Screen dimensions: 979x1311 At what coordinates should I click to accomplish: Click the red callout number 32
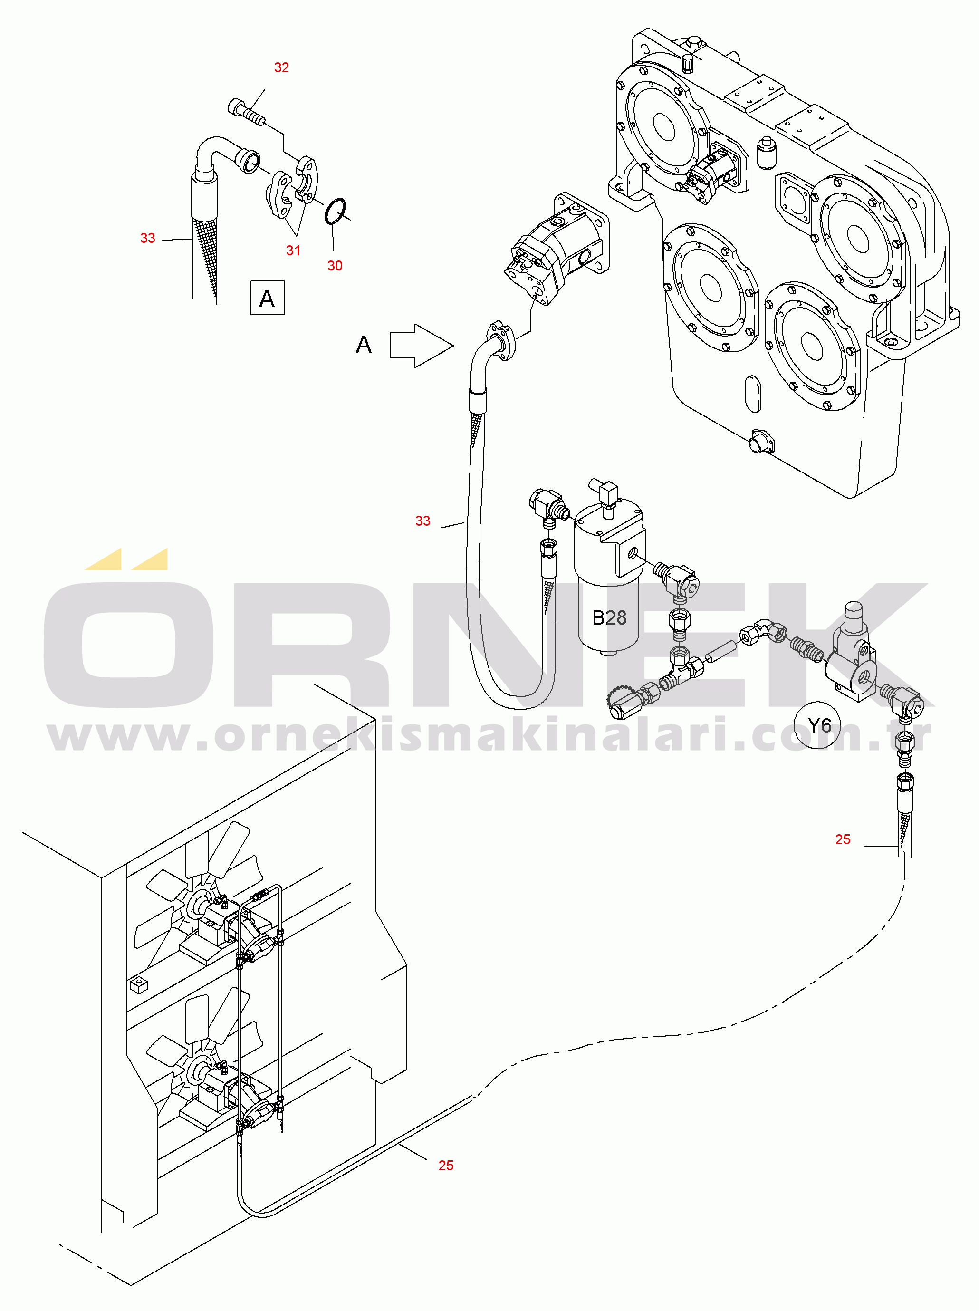pyautogui.click(x=281, y=67)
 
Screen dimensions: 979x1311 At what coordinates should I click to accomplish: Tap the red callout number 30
pyautogui.click(x=335, y=266)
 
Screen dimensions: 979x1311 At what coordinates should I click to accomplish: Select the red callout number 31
pyautogui.click(x=293, y=251)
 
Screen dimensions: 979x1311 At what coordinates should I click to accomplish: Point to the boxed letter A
pyautogui.click(x=267, y=298)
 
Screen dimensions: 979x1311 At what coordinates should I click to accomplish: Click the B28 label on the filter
pyautogui.click(x=609, y=617)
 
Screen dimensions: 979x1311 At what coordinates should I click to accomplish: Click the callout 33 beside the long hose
pyautogui.click(x=422, y=521)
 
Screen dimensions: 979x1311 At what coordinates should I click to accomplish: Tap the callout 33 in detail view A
pyautogui.click(x=147, y=238)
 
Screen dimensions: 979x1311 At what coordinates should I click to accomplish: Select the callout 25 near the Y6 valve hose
pyautogui.click(x=843, y=839)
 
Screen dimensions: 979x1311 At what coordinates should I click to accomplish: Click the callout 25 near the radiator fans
pyautogui.click(x=446, y=1165)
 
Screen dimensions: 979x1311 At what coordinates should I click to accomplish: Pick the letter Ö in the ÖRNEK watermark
pyautogui.click(x=128, y=628)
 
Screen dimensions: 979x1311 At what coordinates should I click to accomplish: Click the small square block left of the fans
pyautogui.click(x=138, y=984)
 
